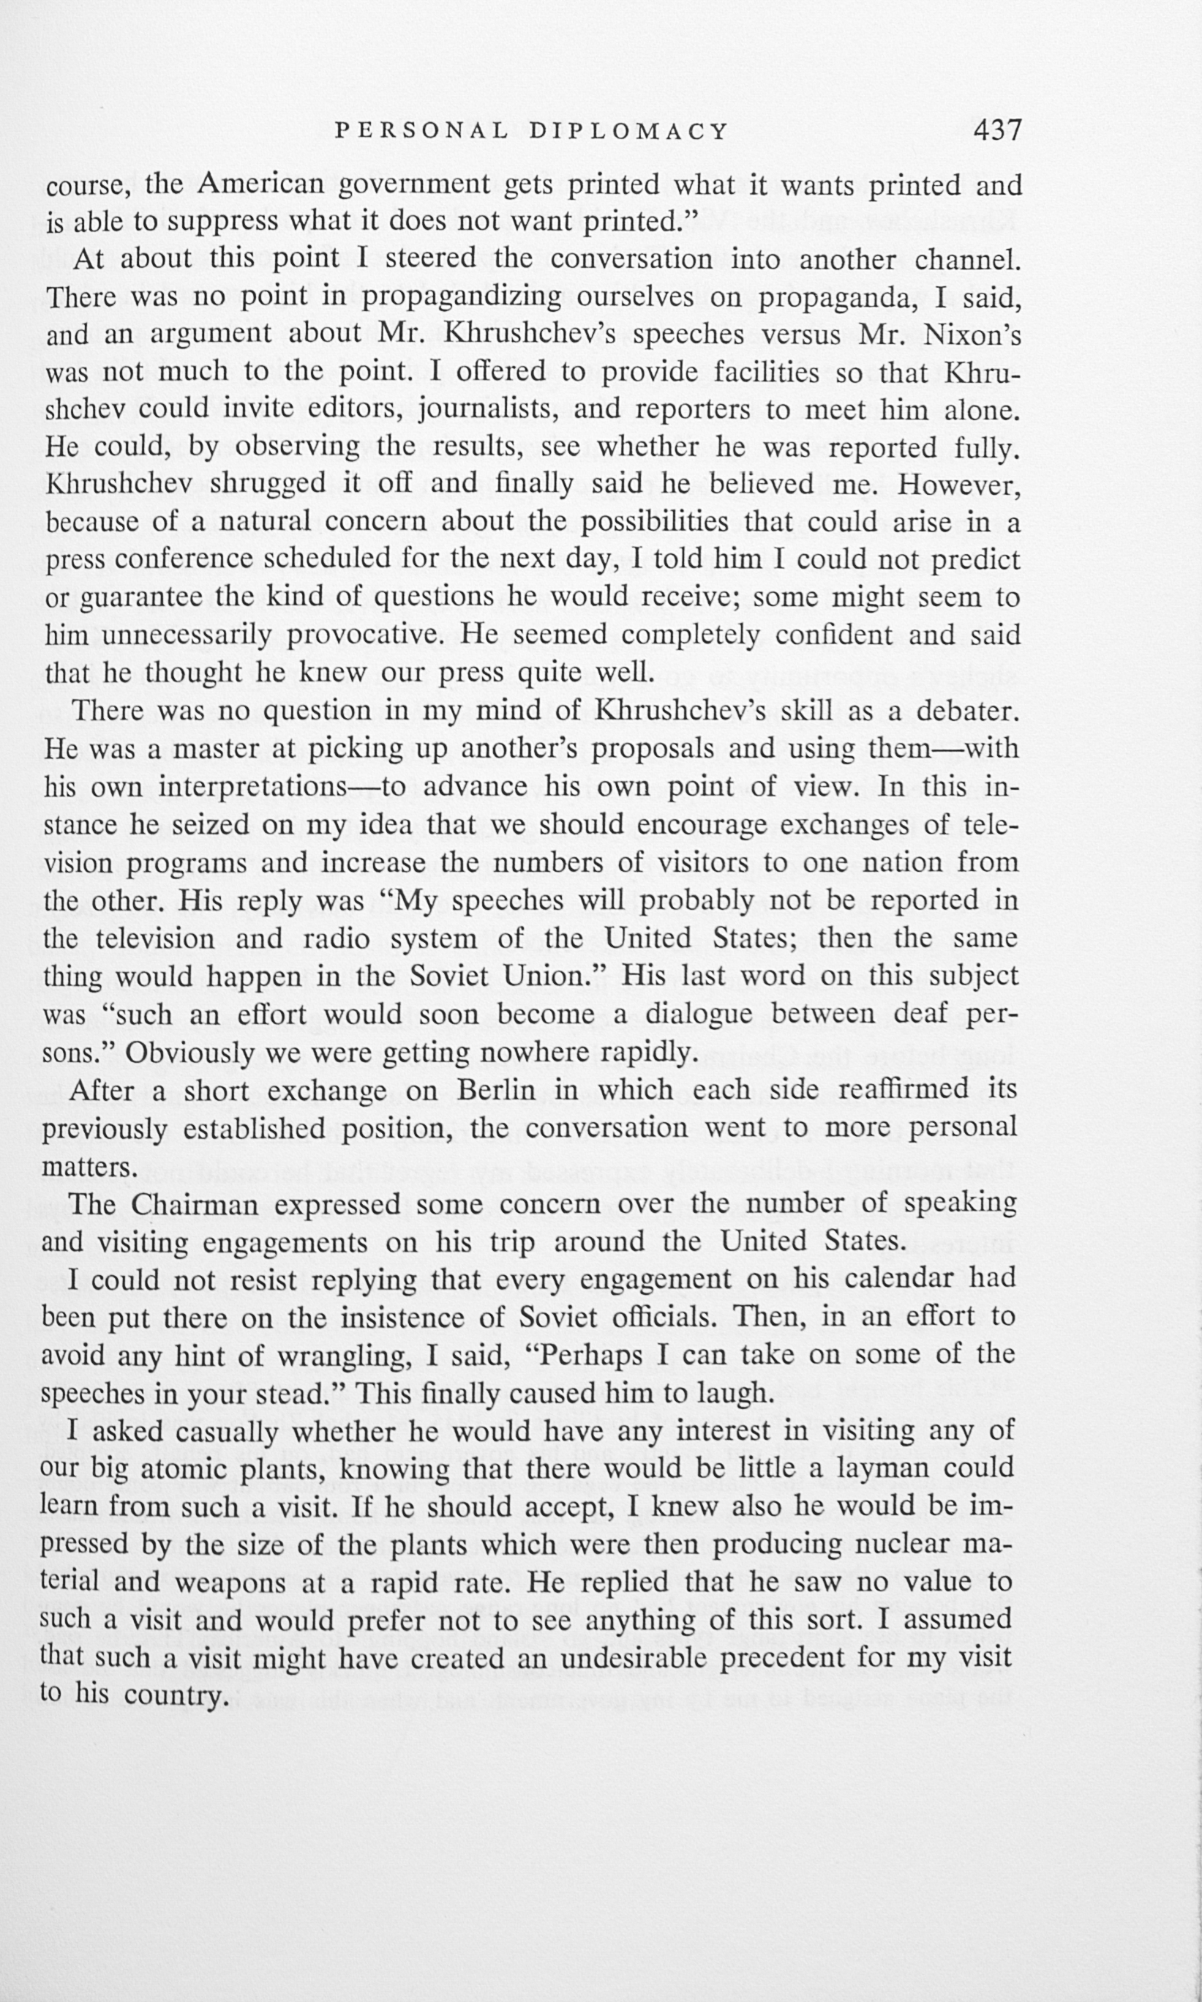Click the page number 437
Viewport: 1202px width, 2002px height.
tap(998, 130)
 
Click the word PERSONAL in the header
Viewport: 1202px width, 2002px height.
tap(422, 131)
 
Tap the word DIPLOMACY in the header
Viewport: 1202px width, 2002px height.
tap(629, 131)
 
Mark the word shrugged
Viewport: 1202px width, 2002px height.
tap(266, 484)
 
